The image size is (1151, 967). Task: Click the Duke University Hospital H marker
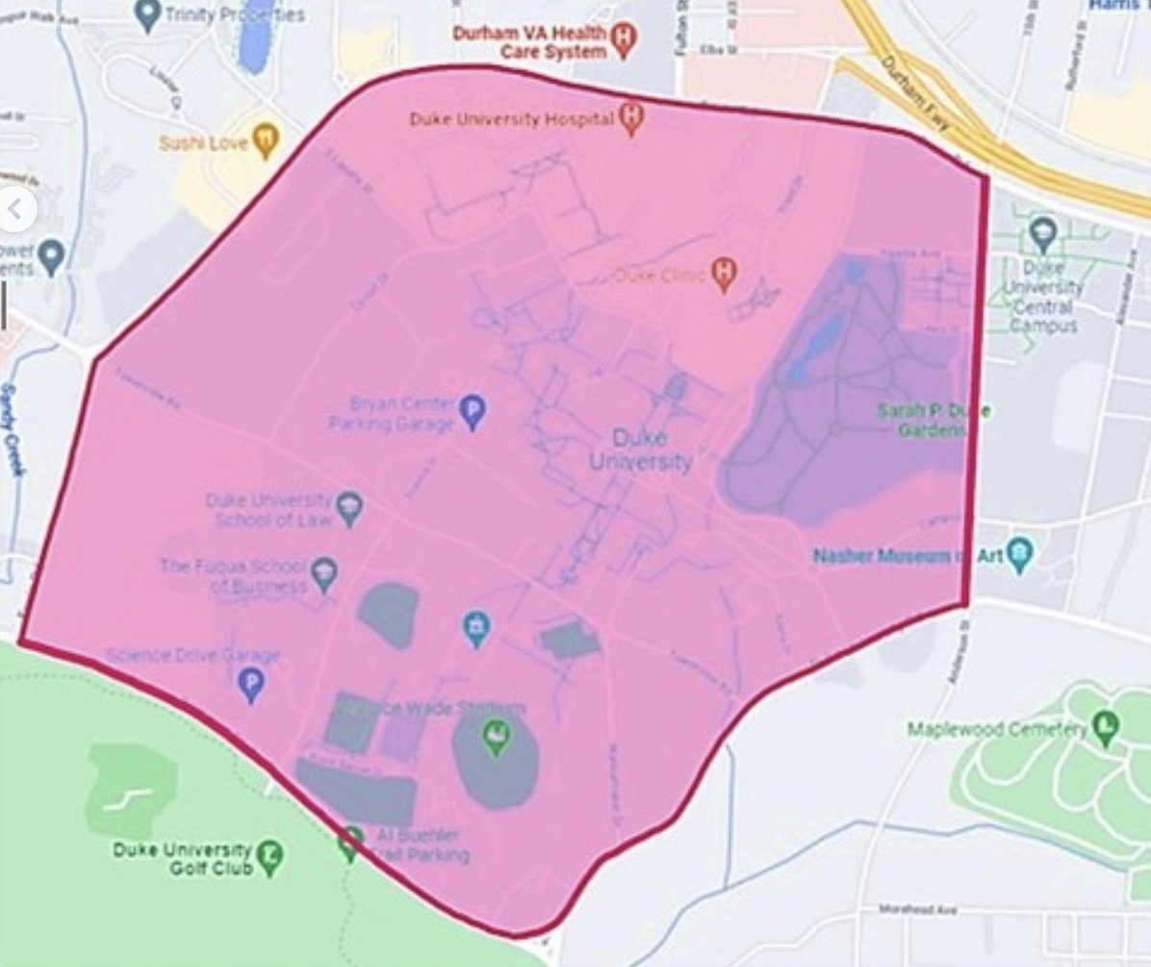click(x=631, y=118)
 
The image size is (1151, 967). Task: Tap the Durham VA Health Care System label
click(x=532, y=41)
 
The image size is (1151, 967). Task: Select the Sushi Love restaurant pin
click(x=264, y=141)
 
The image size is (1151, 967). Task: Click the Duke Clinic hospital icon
click(x=725, y=274)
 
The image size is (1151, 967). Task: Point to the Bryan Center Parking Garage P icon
click(x=472, y=411)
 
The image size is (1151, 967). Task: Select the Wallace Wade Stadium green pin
click(x=496, y=737)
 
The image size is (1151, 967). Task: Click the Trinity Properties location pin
click(x=147, y=14)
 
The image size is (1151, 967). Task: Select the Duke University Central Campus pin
click(x=1042, y=234)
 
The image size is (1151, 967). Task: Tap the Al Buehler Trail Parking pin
click(x=351, y=843)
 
